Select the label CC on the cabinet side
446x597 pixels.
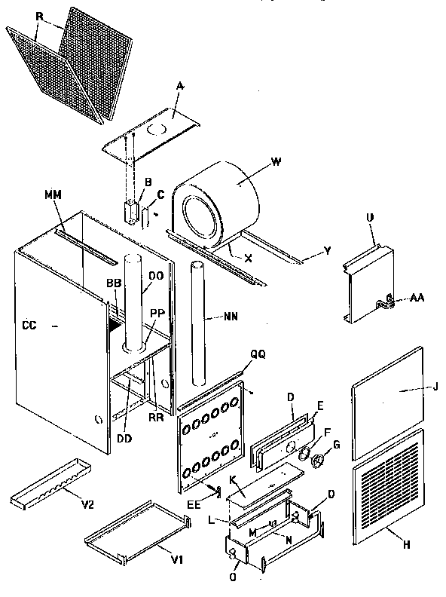coord(29,326)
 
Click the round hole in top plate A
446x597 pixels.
coord(154,130)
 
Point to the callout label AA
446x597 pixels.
coord(417,299)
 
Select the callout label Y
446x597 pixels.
coord(328,251)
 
